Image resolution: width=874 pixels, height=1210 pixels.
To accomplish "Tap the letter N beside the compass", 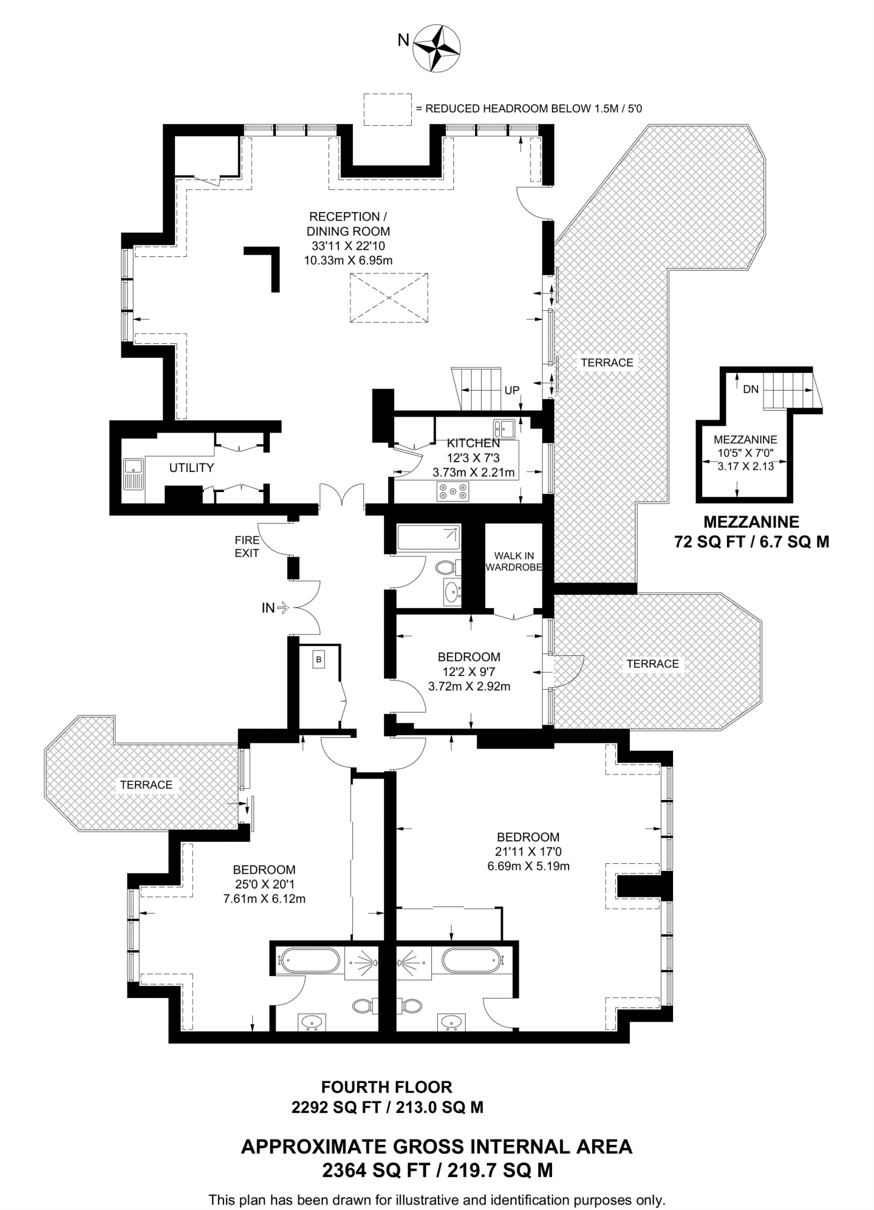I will pyautogui.click(x=403, y=40).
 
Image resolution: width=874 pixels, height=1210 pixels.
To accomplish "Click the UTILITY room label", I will pyautogui.click(x=191, y=468).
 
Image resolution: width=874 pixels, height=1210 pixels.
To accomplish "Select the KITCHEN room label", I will pyautogui.click(x=473, y=443).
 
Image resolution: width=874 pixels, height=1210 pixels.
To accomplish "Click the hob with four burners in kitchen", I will pyautogui.click(x=453, y=492).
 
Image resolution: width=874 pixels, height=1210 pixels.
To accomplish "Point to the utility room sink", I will pyautogui.click(x=134, y=474).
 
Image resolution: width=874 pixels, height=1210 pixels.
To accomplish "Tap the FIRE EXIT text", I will pyautogui.click(x=247, y=547).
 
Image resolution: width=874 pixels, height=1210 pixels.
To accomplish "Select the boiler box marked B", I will pyautogui.click(x=319, y=659).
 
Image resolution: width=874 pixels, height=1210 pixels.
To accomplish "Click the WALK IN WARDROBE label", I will pyautogui.click(x=514, y=561).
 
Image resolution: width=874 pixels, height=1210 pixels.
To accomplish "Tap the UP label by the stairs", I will pyautogui.click(x=512, y=391).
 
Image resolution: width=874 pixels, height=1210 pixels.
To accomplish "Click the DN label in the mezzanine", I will pyautogui.click(x=750, y=389).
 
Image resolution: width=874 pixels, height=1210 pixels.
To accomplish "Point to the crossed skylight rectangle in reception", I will pyautogui.click(x=389, y=297).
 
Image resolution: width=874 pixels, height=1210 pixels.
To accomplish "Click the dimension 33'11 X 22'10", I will pyautogui.click(x=349, y=246).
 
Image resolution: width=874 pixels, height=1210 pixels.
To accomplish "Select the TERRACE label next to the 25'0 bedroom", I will pyautogui.click(x=146, y=785).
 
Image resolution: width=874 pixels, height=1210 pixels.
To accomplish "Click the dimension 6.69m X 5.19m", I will pyautogui.click(x=528, y=867).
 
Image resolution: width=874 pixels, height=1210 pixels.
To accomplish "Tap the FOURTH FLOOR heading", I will pyautogui.click(x=386, y=1087).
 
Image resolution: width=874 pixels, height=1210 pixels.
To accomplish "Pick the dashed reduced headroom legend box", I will pyautogui.click(x=387, y=109).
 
